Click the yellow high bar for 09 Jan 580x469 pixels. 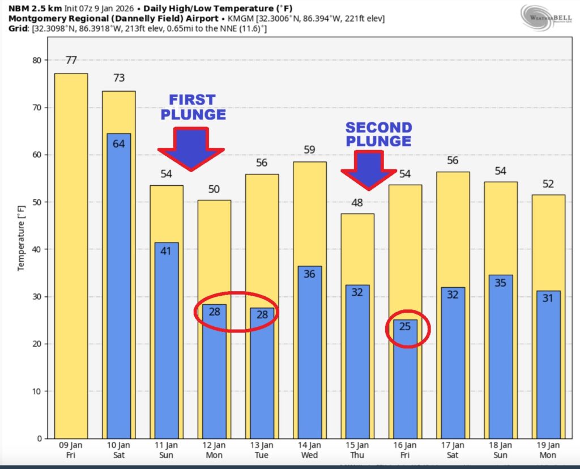pos(71,255)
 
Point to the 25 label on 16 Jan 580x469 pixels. pos(405,327)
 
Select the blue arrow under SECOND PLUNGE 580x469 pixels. pos(369,169)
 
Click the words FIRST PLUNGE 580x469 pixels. pos(193,107)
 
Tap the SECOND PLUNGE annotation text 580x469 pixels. pos(378,134)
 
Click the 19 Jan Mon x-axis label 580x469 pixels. pos(548,451)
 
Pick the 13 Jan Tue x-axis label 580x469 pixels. pos(262,451)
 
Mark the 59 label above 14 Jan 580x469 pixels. pos(309,150)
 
